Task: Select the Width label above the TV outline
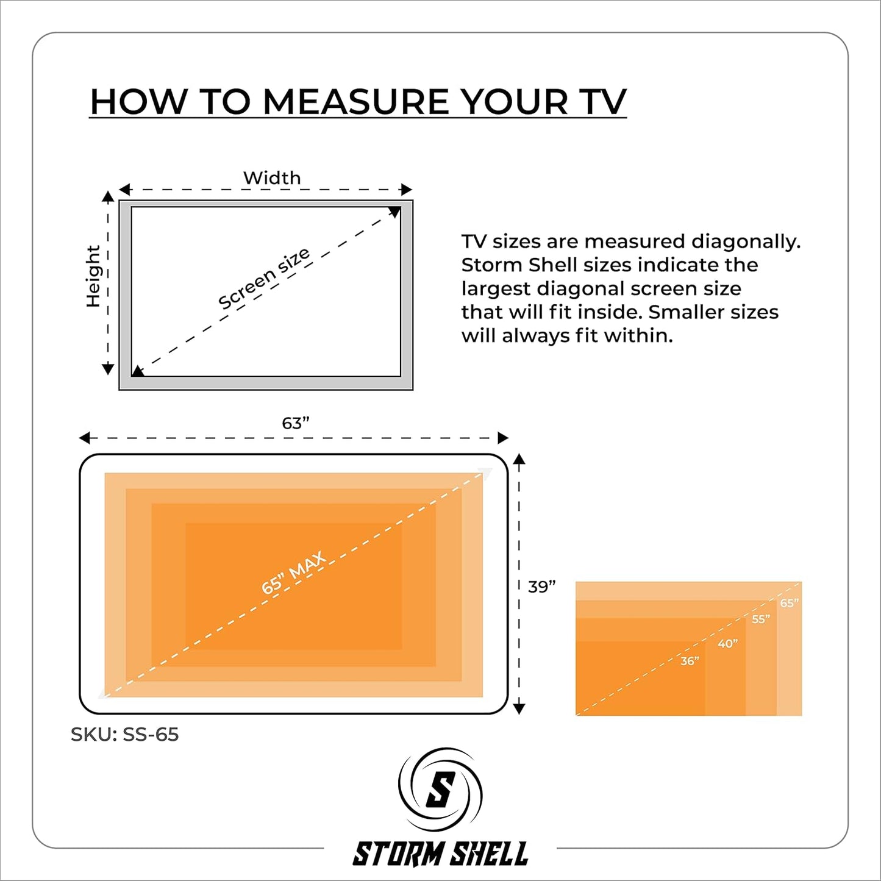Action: [x=272, y=178]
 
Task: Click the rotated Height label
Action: [x=93, y=276]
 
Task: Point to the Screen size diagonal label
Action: [x=264, y=279]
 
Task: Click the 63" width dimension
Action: [x=295, y=423]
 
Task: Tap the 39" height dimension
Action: [x=542, y=587]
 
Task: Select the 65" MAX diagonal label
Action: [x=293, y=573]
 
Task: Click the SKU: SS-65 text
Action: [x=124, y=734]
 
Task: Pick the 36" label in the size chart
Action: [x=690, y=661]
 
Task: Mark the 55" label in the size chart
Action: [x=762, y=619]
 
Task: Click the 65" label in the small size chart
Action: [x=789, y=603]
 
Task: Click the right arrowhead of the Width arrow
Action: [x=407, y=189]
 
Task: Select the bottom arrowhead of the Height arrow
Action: [x=108, y=369]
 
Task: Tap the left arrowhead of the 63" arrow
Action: [x=85, y=438]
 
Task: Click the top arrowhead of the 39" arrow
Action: [x=519, y=459]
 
